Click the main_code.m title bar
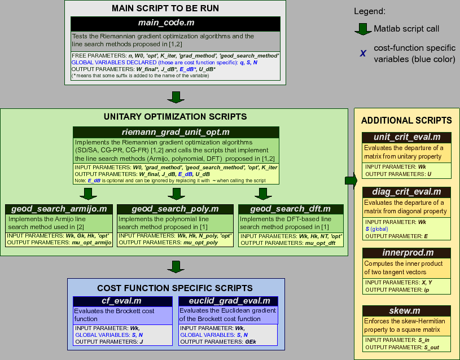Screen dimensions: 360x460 pos(176,23)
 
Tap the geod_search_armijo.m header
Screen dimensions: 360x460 pos(59,209)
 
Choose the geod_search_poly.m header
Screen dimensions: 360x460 pos(176,209)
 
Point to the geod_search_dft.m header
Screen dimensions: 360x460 pos(292,209)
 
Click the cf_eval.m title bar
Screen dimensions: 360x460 pos(122,301)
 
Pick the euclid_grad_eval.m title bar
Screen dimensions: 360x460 pos(227,301)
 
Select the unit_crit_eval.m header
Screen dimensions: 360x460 pos(406,138)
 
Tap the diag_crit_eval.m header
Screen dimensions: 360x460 pos(406,192)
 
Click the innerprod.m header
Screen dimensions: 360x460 pos(406,252)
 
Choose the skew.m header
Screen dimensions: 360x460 pos(406,310)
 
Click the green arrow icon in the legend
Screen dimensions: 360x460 pos(362,28)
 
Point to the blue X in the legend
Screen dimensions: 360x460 pos(362,54)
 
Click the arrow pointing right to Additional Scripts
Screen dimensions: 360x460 pos(351,181)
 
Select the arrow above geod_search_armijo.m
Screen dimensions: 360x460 pos(86,194)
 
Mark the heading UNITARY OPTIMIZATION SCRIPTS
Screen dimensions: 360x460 pos(176,117)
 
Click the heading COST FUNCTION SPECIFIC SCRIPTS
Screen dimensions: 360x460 pos(175,288)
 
